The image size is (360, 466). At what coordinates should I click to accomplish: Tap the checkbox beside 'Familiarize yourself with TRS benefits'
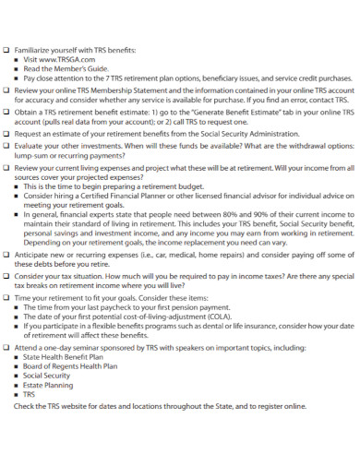click(7, 47)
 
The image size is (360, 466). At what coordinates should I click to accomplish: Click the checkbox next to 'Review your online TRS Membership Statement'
click(7, 90)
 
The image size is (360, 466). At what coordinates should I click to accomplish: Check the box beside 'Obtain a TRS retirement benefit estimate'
click(7, 112)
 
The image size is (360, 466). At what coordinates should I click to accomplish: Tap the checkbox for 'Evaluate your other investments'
click(7, 145)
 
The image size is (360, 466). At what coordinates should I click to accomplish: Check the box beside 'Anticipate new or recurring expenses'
click(7, 256)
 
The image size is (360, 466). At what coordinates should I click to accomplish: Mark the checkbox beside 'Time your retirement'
click(7, 298)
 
